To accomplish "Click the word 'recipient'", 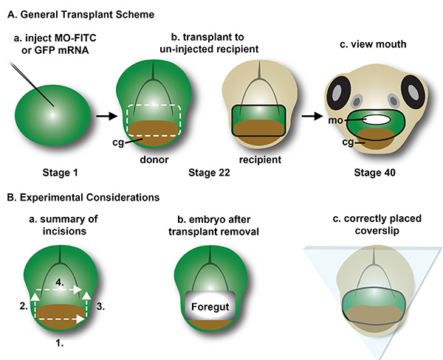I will [258, 156].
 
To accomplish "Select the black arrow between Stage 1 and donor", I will [105, 115].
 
